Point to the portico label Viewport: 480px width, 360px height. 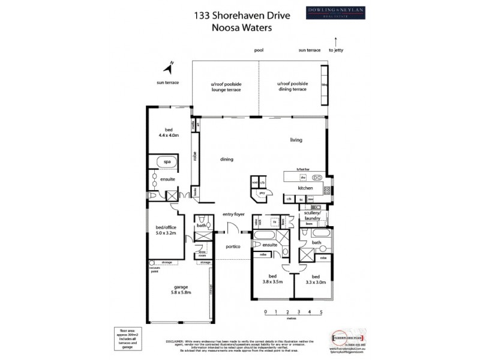coord(233,247)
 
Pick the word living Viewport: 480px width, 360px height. coord(296,140)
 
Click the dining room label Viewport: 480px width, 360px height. coord(226,159)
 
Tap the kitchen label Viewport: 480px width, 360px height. coord(306,188)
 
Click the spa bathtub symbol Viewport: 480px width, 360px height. coord(167,162)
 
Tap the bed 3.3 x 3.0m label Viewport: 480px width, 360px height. coord(315,278)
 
